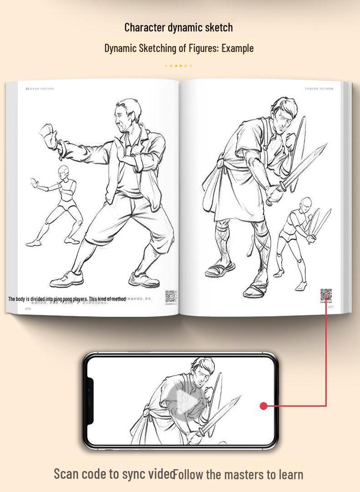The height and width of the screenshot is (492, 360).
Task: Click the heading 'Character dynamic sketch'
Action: pos(178,27)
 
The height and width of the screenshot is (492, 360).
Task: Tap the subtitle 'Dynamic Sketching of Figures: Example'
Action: pos(179,48)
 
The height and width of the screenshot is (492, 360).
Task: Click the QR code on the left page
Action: pos(171,296)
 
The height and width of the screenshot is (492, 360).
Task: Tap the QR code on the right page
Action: pos(326,295)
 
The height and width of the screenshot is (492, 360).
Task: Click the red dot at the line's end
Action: pos(263,406)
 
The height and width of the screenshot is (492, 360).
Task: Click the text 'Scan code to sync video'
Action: pos(113,474)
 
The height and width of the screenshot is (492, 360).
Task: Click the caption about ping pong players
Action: pos(67,299)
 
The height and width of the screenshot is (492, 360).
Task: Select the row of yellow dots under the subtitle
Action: pos(178,66)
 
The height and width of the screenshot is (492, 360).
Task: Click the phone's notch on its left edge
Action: pos(89,401)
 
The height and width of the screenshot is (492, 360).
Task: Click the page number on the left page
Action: pos(28,308)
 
